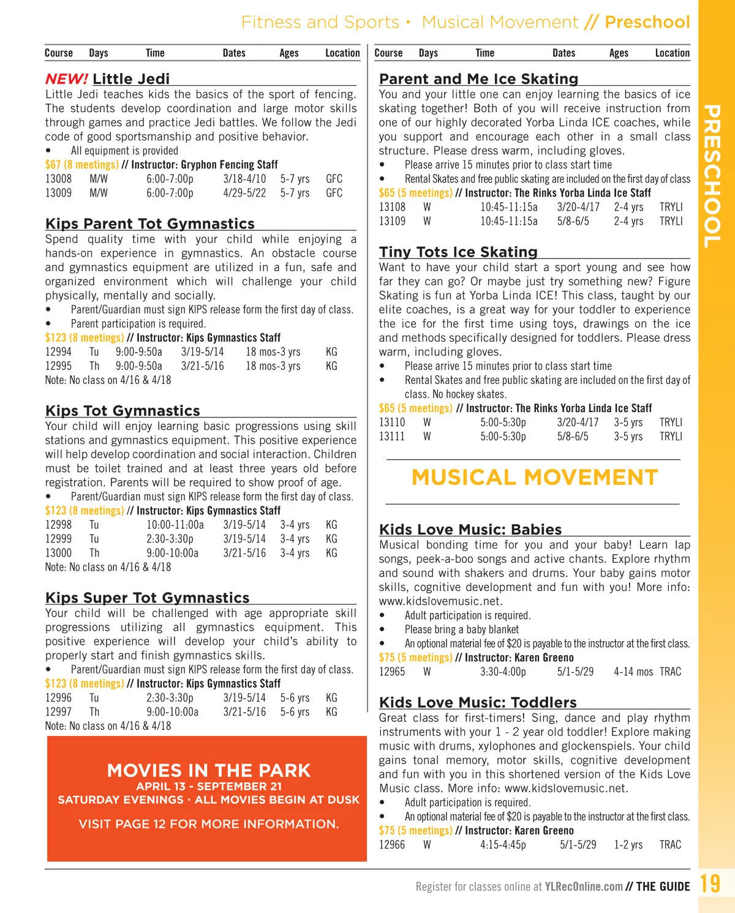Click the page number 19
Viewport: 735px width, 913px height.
710,884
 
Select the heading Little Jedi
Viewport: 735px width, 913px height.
131,79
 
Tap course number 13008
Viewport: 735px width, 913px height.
58,179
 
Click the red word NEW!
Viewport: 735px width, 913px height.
66,79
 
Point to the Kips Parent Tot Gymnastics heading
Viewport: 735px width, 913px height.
150,224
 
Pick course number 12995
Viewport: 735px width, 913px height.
58,366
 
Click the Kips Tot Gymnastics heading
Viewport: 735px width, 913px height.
123,411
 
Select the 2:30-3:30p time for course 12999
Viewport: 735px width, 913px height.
170,539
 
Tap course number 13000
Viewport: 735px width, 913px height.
58,553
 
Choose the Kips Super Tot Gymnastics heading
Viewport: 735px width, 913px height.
148,598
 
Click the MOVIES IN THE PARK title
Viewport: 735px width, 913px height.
209,770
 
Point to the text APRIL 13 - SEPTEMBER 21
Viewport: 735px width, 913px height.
209,787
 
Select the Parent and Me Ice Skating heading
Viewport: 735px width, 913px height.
478,79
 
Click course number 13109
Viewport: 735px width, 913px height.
392,221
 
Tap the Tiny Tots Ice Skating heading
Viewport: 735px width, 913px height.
458,252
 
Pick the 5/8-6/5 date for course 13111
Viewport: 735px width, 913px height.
573,437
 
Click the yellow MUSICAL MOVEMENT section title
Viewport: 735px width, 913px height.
534,478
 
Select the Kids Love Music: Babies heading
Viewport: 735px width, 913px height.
470,530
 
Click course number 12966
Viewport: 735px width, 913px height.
392,845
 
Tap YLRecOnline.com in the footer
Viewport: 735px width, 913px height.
584,887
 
